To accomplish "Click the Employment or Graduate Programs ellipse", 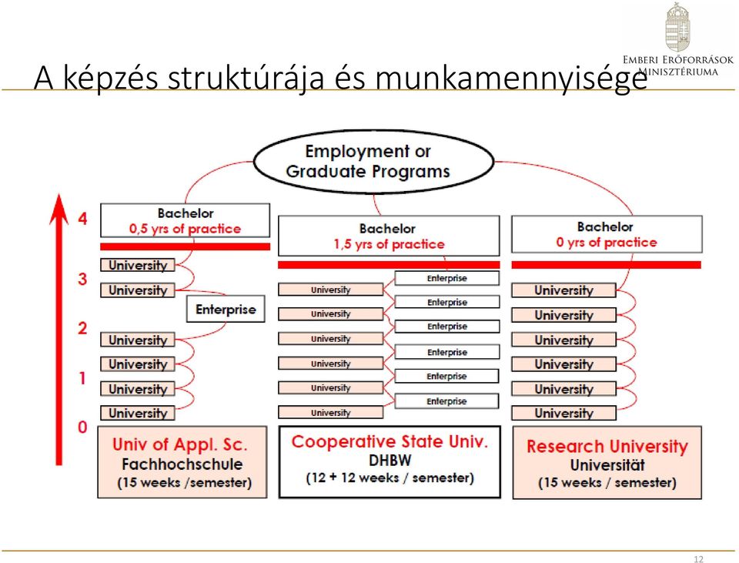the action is (374, 162).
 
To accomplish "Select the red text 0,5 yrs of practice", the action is (185, 230).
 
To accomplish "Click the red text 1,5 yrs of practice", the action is (389, 244).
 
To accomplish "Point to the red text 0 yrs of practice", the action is (606, 243).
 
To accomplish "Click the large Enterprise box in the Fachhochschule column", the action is (226, 310).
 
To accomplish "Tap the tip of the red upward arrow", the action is (59, 194).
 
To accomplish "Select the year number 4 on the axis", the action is (83, 219).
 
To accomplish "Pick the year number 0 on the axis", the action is (82, 427).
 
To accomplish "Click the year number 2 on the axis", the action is (82, 328).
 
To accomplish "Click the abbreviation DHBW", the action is (390, 461).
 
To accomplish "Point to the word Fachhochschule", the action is (182, 464).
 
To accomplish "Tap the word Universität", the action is (607, 465).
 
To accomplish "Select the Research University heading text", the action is (607, 446).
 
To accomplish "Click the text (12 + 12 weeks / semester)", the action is (390, 478).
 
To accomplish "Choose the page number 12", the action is (698, 559).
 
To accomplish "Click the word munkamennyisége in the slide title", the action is (511, 78).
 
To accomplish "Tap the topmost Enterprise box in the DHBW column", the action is (446, 278).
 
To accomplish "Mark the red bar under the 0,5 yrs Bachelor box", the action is (186, 246).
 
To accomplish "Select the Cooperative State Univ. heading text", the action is (390, 442).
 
